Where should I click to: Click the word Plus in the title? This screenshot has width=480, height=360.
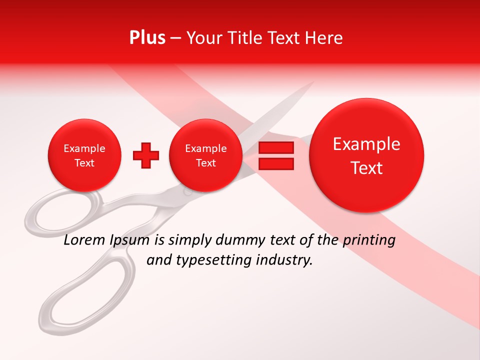pos(147,38)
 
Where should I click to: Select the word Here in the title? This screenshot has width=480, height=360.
pos(324,38)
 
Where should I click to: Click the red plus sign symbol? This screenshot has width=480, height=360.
pos(146,155)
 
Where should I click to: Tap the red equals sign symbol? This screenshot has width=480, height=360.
pos(276,155)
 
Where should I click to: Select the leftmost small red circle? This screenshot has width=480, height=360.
pos(84,155)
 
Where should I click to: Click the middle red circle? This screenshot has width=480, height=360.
pos(205,155)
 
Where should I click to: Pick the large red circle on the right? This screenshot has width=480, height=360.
pos(366,155)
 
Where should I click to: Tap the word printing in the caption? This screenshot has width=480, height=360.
pos(369,240)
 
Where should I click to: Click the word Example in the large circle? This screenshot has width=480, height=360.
pos(366,144)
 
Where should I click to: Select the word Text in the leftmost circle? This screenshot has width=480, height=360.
pos(84,163)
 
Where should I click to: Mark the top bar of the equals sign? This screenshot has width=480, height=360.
pos(276,148)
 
